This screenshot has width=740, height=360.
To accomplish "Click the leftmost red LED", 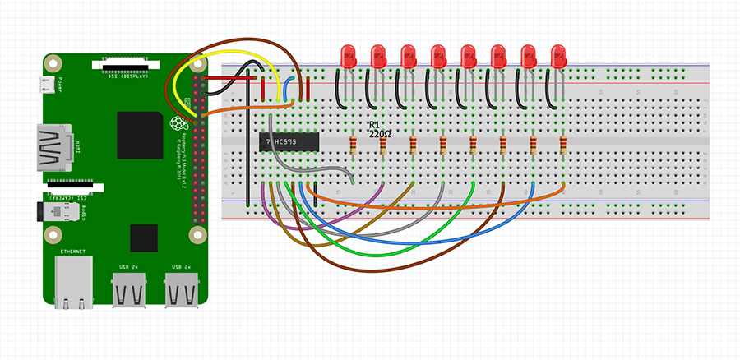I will point(348,56).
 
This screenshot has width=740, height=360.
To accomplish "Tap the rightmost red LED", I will point(558,56).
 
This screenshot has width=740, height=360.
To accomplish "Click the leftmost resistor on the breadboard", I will point(354,146).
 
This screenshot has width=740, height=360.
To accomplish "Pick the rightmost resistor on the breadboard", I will point(563,146).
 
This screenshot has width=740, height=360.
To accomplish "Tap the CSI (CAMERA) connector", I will point(74,180).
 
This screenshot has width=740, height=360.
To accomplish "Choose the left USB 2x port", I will point(129,290).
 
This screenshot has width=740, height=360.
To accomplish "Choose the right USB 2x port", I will point(180,290).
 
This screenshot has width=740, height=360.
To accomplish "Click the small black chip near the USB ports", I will point(143,237).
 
